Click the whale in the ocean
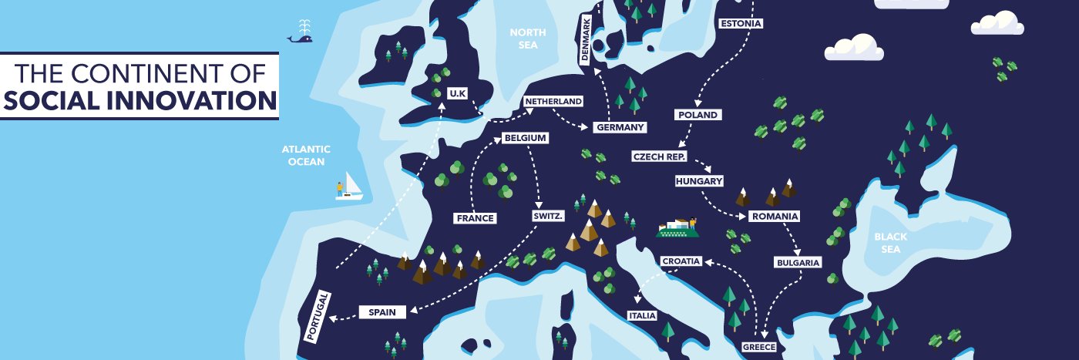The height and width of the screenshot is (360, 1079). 301,36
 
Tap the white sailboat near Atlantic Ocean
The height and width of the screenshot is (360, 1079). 350,187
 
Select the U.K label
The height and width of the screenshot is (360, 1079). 458,93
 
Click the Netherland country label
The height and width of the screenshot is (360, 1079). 553,101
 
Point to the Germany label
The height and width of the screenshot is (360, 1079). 620,127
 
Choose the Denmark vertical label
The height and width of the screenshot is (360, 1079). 587,40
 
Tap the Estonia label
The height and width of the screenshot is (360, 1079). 741,23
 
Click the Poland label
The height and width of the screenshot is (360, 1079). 698,115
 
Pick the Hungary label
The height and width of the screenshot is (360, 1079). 698,181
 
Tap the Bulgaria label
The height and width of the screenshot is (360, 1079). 798,263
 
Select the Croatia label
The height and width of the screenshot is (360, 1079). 681,261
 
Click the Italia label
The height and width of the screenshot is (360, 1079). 641,316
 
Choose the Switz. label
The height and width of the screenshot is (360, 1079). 548,217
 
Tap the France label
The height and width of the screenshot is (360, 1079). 475,218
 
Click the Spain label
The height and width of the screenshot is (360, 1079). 382,312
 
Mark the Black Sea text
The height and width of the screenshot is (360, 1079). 889,244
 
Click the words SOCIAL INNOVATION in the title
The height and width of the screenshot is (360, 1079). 139,101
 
